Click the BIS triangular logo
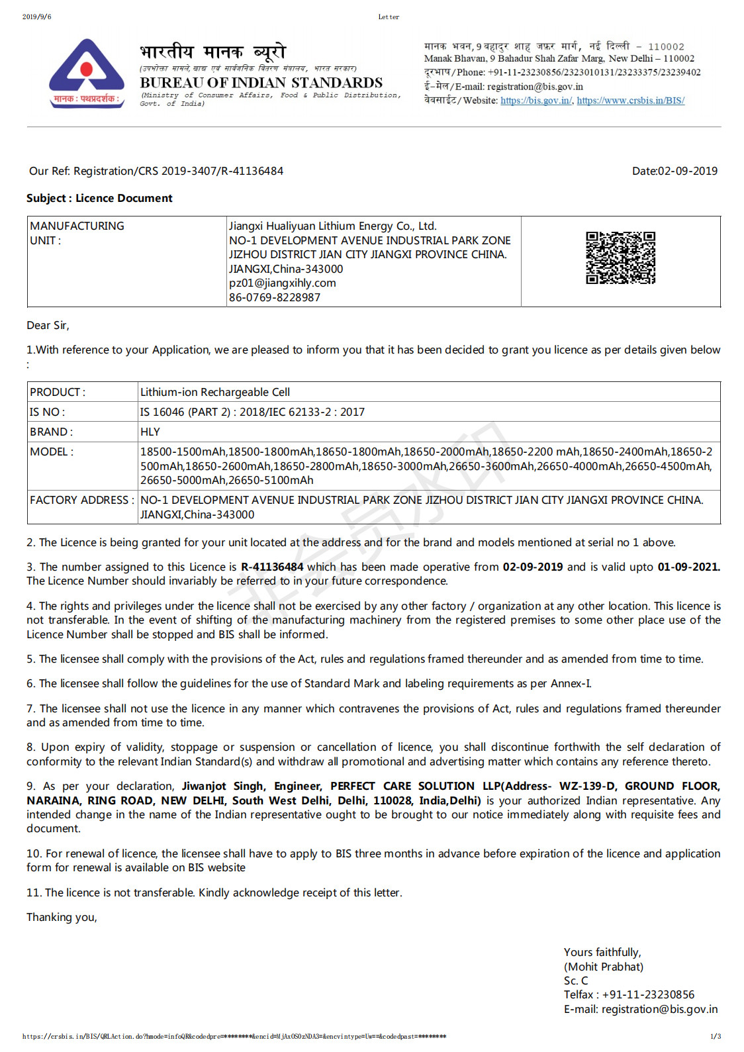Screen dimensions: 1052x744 (x=86, y=73)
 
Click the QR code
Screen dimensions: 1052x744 (x=620, y=258)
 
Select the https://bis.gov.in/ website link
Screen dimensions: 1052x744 (x=536, y=101)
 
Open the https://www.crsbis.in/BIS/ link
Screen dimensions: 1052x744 (x=630, y=101)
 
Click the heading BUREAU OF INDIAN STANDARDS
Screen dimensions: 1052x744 (x=261, y=83)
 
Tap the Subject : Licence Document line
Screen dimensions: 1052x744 (x=99, y=198)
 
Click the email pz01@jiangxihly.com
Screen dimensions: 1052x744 (x=283, y=283)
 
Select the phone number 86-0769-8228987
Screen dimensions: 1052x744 (x=275, y=297)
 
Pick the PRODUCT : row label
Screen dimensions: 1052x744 (x=58, y=392)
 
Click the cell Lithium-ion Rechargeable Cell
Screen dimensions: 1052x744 (x=215, y=392)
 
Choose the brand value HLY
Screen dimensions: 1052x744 (x=150, y=432)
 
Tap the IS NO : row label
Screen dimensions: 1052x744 (x=47, y=412)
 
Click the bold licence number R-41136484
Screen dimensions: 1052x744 (x=272, y=567)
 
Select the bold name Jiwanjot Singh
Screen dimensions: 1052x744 (x=223, y=786)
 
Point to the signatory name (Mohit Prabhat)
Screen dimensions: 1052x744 (x=603, y=967)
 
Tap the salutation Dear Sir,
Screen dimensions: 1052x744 (x=48, y=325)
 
